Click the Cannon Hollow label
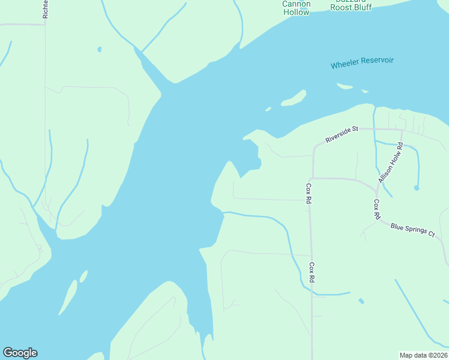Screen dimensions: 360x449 point(297,7)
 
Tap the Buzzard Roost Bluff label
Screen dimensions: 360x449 point(351,6)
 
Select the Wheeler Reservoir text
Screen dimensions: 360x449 point(362,63)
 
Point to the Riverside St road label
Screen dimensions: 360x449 point(342,134)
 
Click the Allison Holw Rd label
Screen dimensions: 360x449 point(391,163)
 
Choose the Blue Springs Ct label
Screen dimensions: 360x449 point(412,229)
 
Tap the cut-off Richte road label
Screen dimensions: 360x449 point(45,9)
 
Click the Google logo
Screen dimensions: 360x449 point(20,353)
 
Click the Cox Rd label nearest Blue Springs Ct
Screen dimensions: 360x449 point(376,209)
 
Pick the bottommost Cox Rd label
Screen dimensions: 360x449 point(312,272)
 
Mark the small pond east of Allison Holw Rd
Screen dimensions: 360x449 point(416,188)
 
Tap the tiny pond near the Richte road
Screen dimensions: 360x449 point(99,49)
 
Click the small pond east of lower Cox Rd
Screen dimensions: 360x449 point(360,301)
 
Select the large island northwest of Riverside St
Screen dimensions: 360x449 point(294,98)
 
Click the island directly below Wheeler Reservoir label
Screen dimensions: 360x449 point(345,86)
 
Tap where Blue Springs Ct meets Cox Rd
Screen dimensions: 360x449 point(379,220)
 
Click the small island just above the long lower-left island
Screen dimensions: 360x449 point(83,276)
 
